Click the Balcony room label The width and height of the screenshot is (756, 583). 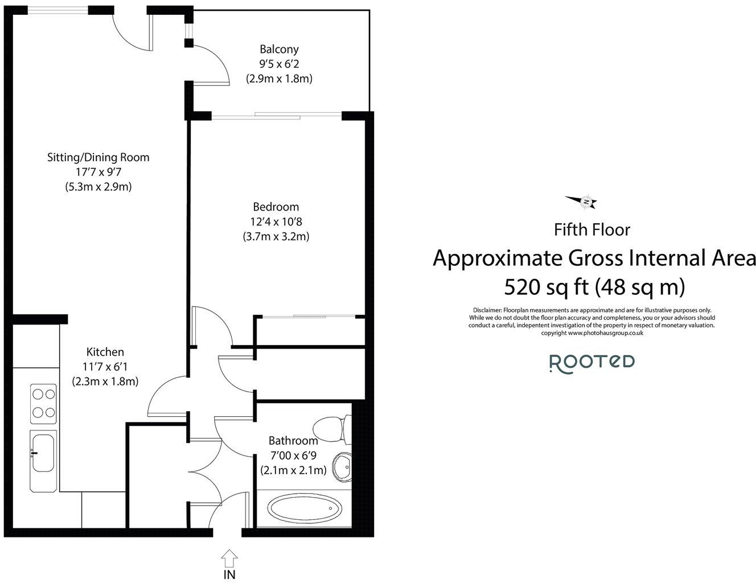coord(279,50)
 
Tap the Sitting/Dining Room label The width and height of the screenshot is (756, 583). coord(98,157)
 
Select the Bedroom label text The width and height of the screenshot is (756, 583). coord(276,207)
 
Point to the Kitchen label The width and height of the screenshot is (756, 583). coord(105,352)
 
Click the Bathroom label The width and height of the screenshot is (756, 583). coord(293,440)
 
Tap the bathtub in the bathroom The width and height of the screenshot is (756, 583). coord(302,508)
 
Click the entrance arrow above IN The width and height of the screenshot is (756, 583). coord(229,556)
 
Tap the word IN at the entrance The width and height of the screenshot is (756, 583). coord(229,574)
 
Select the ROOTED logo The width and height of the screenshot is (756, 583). coord(592,362)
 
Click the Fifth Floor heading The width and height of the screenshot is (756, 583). coord(592,230)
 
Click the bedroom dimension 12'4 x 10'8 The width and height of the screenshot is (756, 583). coord(276,221)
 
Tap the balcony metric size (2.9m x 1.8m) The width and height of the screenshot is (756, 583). coord(279,79)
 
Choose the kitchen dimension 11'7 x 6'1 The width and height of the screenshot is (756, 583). coord(105,367)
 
